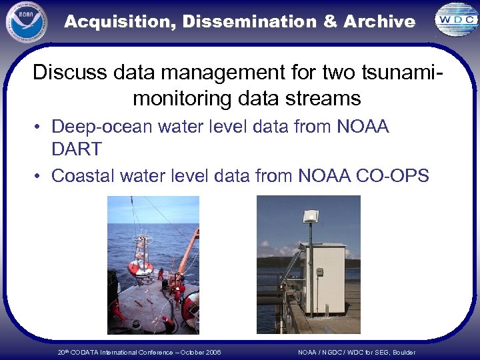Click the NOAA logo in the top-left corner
27,21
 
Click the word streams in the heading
320,99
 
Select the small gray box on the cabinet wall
319,272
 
